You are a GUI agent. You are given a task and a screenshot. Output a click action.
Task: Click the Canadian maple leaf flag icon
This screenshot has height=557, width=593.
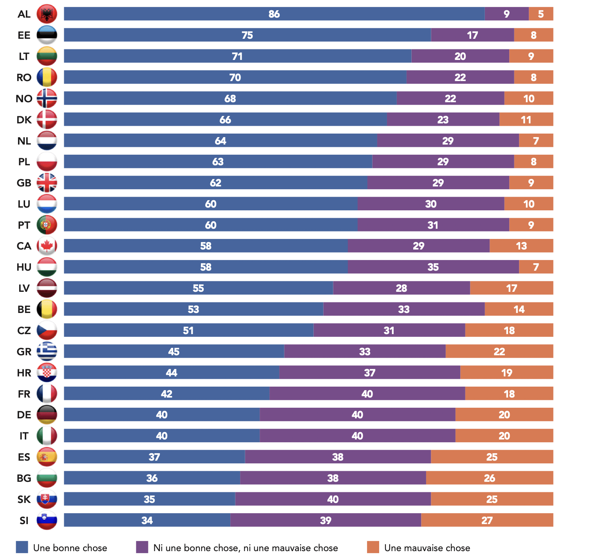(47, 246)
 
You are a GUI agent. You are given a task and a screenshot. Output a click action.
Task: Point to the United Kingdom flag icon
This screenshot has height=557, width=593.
(47, 183)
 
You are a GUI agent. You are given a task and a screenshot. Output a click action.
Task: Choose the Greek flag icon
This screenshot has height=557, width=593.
(47, 351)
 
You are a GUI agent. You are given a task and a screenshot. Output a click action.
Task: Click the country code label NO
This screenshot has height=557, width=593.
(24, 99)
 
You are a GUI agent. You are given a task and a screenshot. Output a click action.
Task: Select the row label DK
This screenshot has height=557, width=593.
(24, 120)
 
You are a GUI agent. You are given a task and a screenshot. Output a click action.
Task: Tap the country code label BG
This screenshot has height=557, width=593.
(24, 478)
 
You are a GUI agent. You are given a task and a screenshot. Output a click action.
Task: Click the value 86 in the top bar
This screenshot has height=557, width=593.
(274, 14)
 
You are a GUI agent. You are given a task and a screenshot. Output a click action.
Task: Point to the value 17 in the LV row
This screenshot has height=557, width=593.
(512, 288)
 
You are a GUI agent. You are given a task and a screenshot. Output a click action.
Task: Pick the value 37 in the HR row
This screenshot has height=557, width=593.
(369, 373)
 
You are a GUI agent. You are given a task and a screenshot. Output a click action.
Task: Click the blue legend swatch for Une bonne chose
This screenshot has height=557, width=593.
(22, 547)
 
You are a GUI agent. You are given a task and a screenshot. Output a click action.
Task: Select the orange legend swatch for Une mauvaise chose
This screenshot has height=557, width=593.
(373, 547)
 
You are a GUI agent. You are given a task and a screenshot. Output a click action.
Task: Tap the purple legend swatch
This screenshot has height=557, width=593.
(142, 547)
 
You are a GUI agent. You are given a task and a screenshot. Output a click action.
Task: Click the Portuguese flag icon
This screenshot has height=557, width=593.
(47, 225)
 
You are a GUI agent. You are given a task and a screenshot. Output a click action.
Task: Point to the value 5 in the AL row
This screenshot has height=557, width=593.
(541, 14)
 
